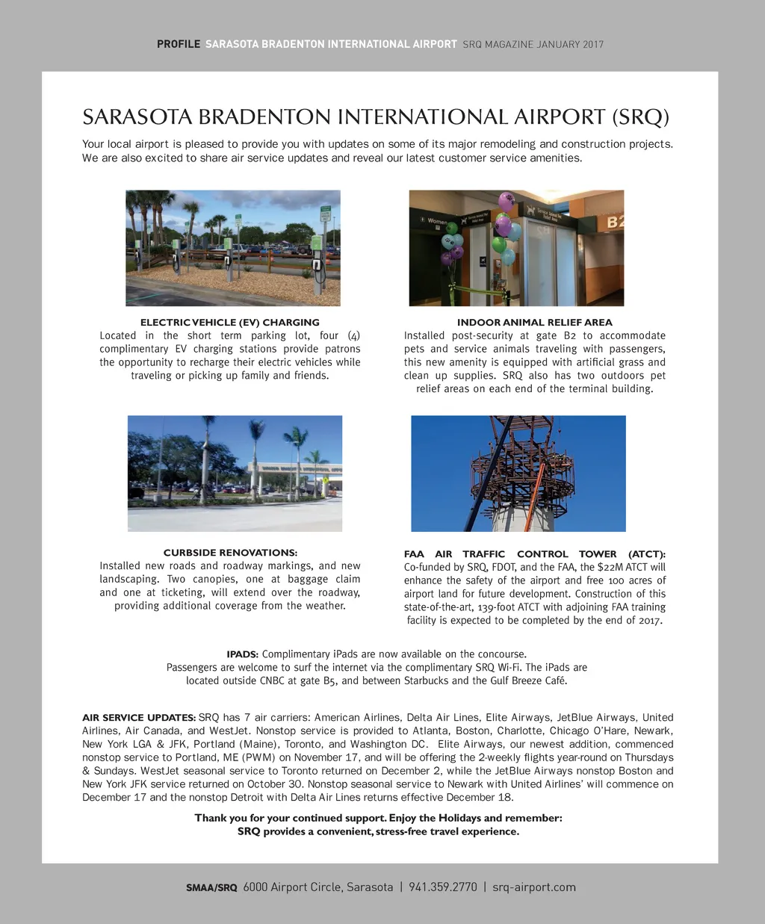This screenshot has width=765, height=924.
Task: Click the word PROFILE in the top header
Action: click(x=178, y=44)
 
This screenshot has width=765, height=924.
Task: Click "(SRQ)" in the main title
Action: click(x=640, y=118)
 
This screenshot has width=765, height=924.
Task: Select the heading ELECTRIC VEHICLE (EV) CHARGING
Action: click(x=230, y=323)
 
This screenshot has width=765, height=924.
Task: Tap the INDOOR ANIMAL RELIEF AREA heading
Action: click(x=534, y=323)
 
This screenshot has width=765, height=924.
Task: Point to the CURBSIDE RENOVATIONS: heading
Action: click(x=230, y=553)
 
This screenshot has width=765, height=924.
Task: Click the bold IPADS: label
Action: click(x=242, y=654)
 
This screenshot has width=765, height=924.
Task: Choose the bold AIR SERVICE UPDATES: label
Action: click(x=139, y=718)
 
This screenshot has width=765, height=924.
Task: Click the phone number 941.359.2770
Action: click(x=442, y=887)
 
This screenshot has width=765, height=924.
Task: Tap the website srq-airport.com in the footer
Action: click(x=534, y=887)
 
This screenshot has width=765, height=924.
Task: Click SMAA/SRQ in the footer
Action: click(x=211, y=888)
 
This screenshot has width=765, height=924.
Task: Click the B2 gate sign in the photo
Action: click(x=614, y=223)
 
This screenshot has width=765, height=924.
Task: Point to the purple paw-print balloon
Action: click(x=507, y=201)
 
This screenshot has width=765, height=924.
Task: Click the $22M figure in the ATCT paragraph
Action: click(x=610, y=567)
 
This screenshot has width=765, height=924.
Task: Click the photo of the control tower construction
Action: click(x=518, y=473)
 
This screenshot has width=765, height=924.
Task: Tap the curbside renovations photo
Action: click(x=235, y=473)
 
